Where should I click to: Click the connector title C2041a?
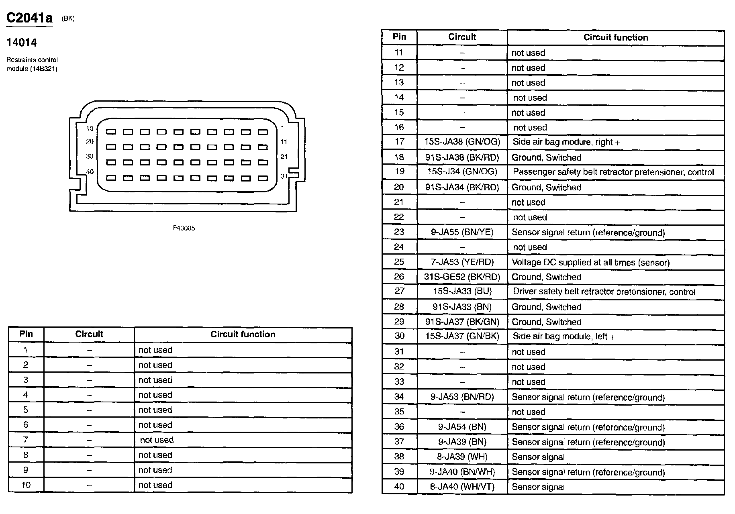[x=30, y=18]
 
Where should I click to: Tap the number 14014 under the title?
[x=22, y=43]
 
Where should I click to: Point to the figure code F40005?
[x=184, y=228]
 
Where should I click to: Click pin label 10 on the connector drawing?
[x=90, y=128]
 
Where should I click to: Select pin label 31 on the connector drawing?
[x=284, y=176]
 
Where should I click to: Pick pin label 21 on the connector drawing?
[x=284, y=157]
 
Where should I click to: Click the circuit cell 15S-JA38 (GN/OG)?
[x=462, y=142]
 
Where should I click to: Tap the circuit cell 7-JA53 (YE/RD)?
[x=462, y=262]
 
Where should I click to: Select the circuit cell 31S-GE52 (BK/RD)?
[x=462, y=277]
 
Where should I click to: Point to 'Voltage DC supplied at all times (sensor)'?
[x=590, y=263]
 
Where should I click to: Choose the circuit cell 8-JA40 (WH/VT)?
[x=462, y=487]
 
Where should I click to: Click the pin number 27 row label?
[x=399, y=291]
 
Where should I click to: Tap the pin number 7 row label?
[x=26, y=440]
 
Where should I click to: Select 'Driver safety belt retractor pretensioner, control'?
[x=604, y=292]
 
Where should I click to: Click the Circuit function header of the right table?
[x=616, y=37]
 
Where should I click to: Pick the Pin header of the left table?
[x=26, y=334]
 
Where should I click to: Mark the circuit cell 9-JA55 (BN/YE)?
[x=462, y=232]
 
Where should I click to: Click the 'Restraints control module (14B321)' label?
[x=32, y=64]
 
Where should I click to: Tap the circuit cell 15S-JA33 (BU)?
[x=462, y=291]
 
